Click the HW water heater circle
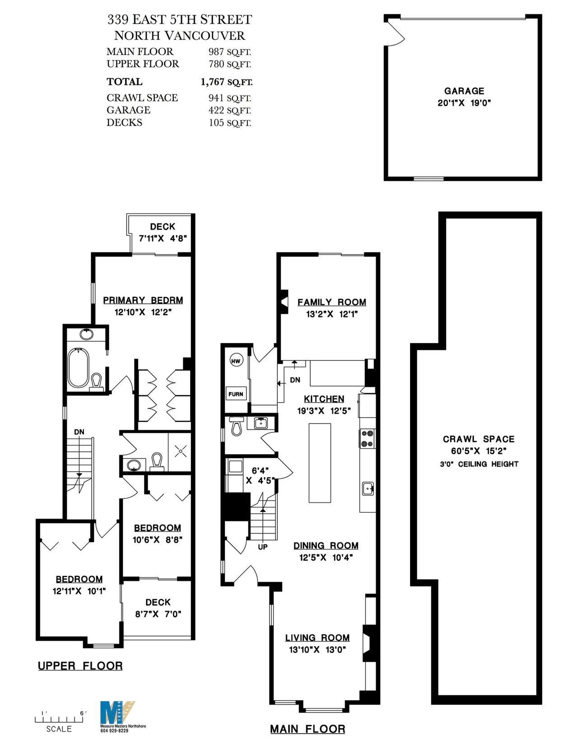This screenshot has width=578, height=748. coord(236,361)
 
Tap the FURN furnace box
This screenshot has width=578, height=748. coord(235,394)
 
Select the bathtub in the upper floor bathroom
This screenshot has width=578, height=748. coord(78,368)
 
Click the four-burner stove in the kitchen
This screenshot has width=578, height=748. coord(368,438)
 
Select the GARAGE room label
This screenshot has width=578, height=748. coord(464,91)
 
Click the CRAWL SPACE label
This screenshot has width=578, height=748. coord(479,439)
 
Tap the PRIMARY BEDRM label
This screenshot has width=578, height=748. coord(143,300)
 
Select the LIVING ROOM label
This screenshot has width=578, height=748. coord(317,638)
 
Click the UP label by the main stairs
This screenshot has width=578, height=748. coord(263,547)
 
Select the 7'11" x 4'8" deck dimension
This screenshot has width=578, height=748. coord(163,238)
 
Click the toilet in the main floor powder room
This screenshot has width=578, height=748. coord(236,427)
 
